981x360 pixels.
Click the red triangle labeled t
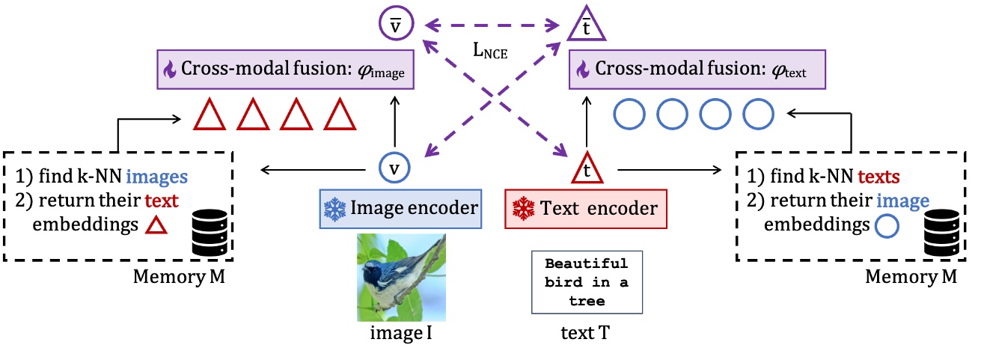586,169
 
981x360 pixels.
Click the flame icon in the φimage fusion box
169,71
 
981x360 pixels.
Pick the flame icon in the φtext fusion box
583,71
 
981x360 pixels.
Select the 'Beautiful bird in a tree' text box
586,283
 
